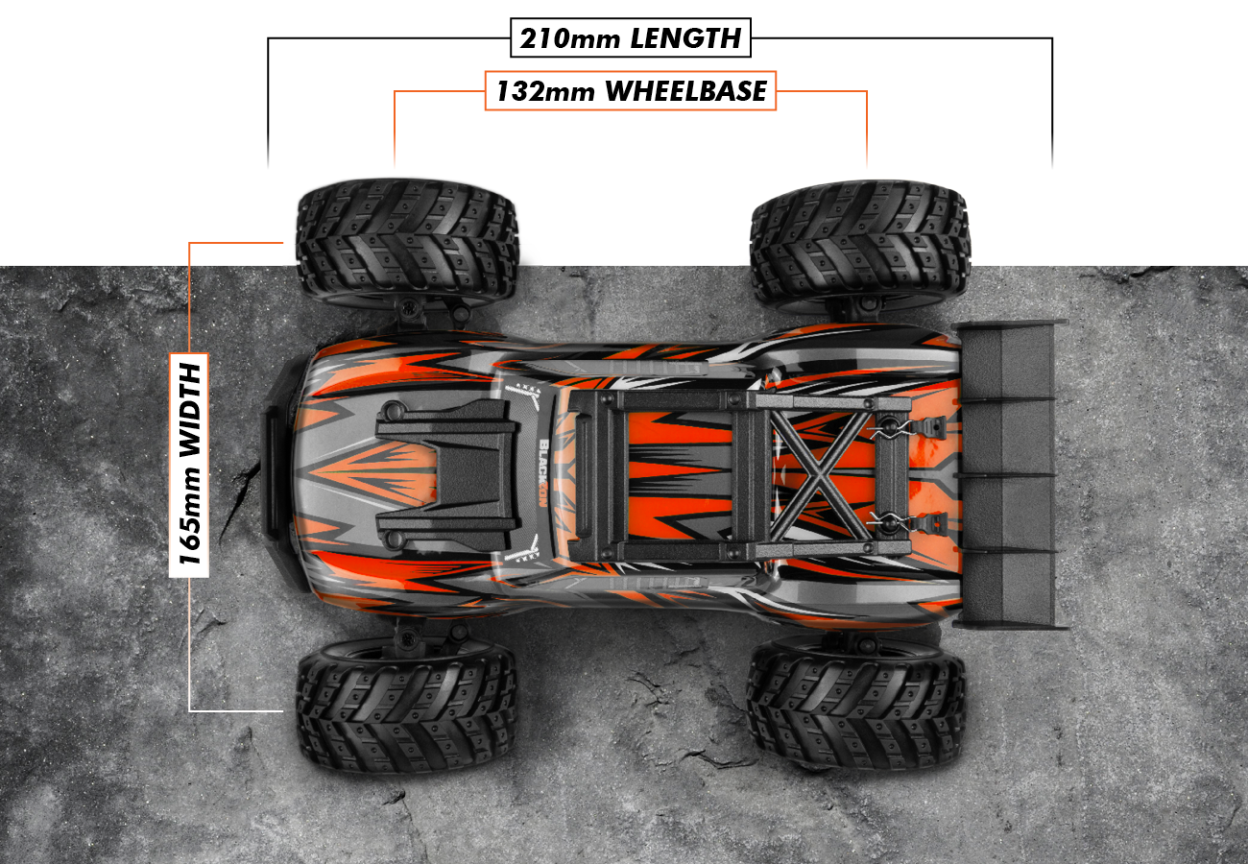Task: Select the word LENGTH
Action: click(x=685, y=39)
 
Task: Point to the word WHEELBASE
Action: click(x=686, y=91)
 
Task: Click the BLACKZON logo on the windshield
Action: click(x=545, y=470)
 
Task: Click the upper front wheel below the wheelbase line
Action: click(x=407, y=240)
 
